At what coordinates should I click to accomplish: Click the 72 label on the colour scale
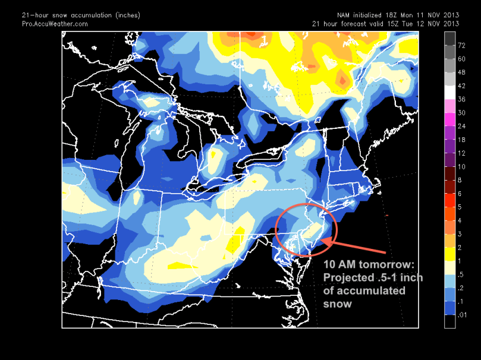(461, 45)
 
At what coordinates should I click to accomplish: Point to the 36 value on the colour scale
(461, 99)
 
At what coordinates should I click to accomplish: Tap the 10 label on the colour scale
(461, 166)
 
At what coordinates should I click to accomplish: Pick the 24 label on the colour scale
(461, 126)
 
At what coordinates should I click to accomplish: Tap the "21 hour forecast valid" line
(386, 24)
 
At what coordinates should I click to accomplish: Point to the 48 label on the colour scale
(461, 71)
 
